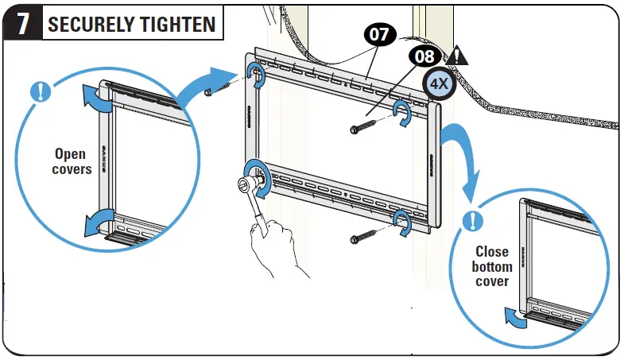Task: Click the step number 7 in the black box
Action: (x=24, y=23)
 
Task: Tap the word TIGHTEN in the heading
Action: (x=178, y=24)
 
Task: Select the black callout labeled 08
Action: (x=424, y=57)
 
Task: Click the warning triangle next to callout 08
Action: (x=456, y=57)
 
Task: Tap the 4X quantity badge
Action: (x=438, y=83)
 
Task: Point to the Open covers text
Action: (x=72, y=161)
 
